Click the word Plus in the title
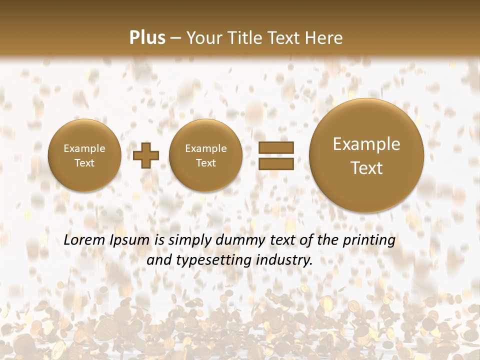pos(147,38)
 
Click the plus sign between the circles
pos(146,155)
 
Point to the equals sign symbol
pos(275,155)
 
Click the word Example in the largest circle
pos(366,144)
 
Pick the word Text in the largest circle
pos(366,168)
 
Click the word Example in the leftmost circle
pos(84,148)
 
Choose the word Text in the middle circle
pos(205,163)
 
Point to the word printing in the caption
pos(370,240)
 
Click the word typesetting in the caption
pos(210,260)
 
